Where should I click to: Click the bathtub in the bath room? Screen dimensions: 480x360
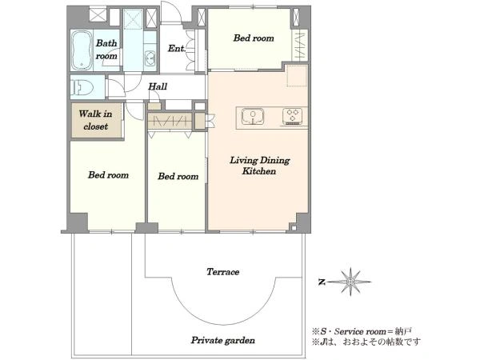click(x=82, y=50)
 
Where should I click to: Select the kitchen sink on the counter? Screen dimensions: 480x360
click(x=253, y=117)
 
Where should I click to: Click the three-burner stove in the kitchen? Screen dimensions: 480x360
click(x=292, y=116)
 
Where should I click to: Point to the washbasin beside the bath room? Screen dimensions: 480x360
click(x=150, y=58)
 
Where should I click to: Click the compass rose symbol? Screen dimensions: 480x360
click(x=351, y=282)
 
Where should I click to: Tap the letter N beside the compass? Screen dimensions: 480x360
click(x=321, y=282)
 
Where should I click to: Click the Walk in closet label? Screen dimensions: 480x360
click(x=95, y=120)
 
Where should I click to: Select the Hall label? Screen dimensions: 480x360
click(x=158, y=86)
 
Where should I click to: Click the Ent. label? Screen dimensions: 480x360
click(x=177, y=48)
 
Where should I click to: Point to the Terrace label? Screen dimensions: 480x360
click(x=222, y=272)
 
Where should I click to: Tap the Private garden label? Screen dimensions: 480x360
click(x=223, y=341)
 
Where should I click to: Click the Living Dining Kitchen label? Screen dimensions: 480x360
click(x=259, y=166)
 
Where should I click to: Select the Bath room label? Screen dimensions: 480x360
click(x=106, y=50)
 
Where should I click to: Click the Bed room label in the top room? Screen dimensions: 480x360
click(x=254, y=38)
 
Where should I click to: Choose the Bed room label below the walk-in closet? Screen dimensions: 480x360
click(x=108, y=175)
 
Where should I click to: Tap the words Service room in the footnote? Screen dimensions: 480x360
click(x=360, y=331)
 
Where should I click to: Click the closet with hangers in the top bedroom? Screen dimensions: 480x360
click(x=300, y=46)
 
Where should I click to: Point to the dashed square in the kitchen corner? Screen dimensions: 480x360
click(x=297, y=76)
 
